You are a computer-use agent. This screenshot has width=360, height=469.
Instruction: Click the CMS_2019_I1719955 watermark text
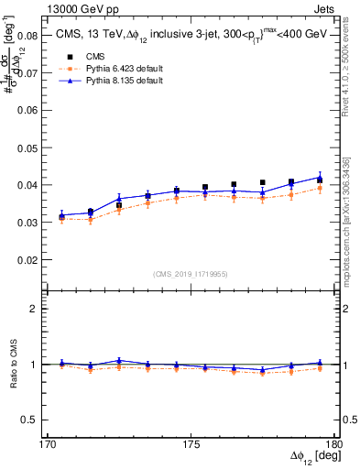click(x=191, y=273)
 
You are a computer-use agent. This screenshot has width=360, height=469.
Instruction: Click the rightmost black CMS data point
click(x=320, y=180)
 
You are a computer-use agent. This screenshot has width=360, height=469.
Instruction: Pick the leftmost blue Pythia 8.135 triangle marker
click(x=61, y=215)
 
